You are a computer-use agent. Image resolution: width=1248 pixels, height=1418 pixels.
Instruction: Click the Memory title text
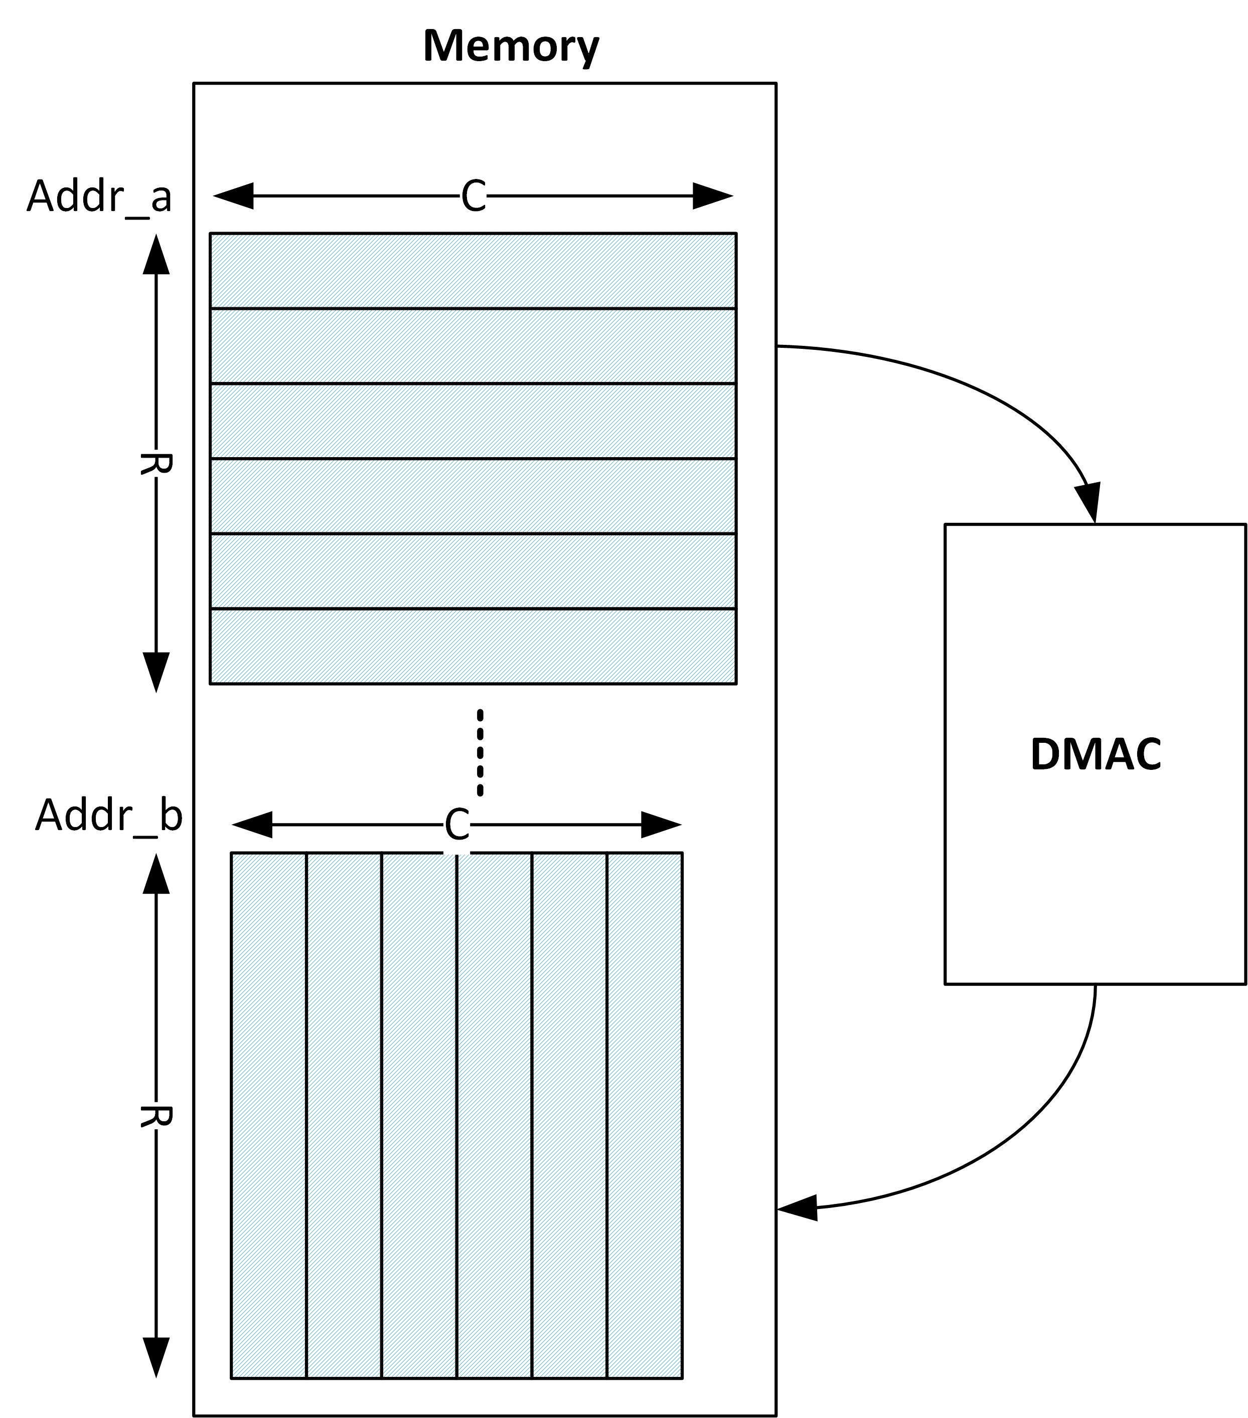coord(510,47)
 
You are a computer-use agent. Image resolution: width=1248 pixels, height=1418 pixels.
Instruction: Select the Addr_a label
coord(98,196)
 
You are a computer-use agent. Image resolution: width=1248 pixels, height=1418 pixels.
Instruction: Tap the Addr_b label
coord(108,815)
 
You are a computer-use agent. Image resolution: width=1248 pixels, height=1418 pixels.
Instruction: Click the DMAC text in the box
coord(1096,754)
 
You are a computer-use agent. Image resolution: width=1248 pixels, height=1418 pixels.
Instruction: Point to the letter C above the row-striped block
coord(474,196)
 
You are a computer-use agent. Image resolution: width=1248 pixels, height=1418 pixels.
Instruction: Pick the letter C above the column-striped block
coord(457,825)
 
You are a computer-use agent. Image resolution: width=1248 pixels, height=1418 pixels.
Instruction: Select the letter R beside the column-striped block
coord(156,1116)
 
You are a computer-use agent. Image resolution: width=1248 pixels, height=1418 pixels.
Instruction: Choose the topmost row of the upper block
coord(473,271)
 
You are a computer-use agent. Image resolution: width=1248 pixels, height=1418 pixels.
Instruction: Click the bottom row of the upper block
coord(473,646)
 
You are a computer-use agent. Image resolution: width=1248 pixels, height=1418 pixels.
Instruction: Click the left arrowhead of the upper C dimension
coord(233,196)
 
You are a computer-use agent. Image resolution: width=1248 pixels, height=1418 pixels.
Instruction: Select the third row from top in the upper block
coord(473,421)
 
